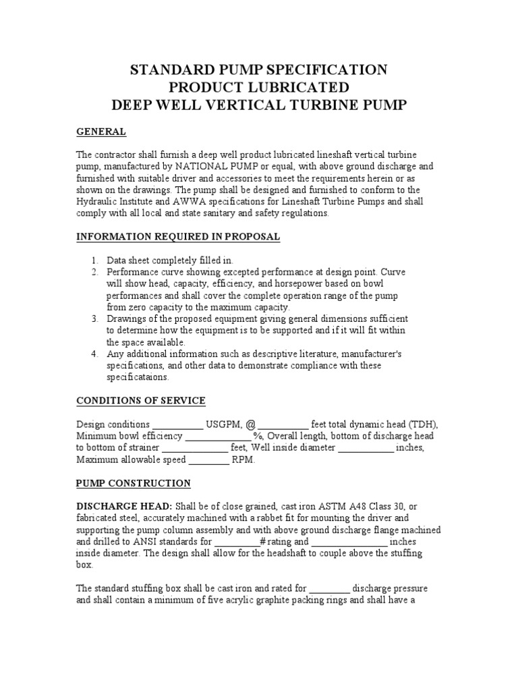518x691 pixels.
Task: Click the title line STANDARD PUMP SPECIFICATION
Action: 258,70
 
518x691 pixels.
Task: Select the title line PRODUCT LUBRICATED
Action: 258,88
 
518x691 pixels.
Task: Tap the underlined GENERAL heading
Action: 101,131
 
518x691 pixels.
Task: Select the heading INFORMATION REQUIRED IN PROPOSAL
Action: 178,237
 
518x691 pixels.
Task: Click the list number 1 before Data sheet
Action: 94,260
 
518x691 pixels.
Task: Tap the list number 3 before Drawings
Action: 94,319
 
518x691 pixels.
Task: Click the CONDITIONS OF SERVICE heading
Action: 141,401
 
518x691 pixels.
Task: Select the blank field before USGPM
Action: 177,424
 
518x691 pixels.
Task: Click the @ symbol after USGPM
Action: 250,424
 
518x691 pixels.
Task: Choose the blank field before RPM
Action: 208,460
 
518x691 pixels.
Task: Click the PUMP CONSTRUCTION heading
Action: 134,483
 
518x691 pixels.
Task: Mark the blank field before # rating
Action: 236,542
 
